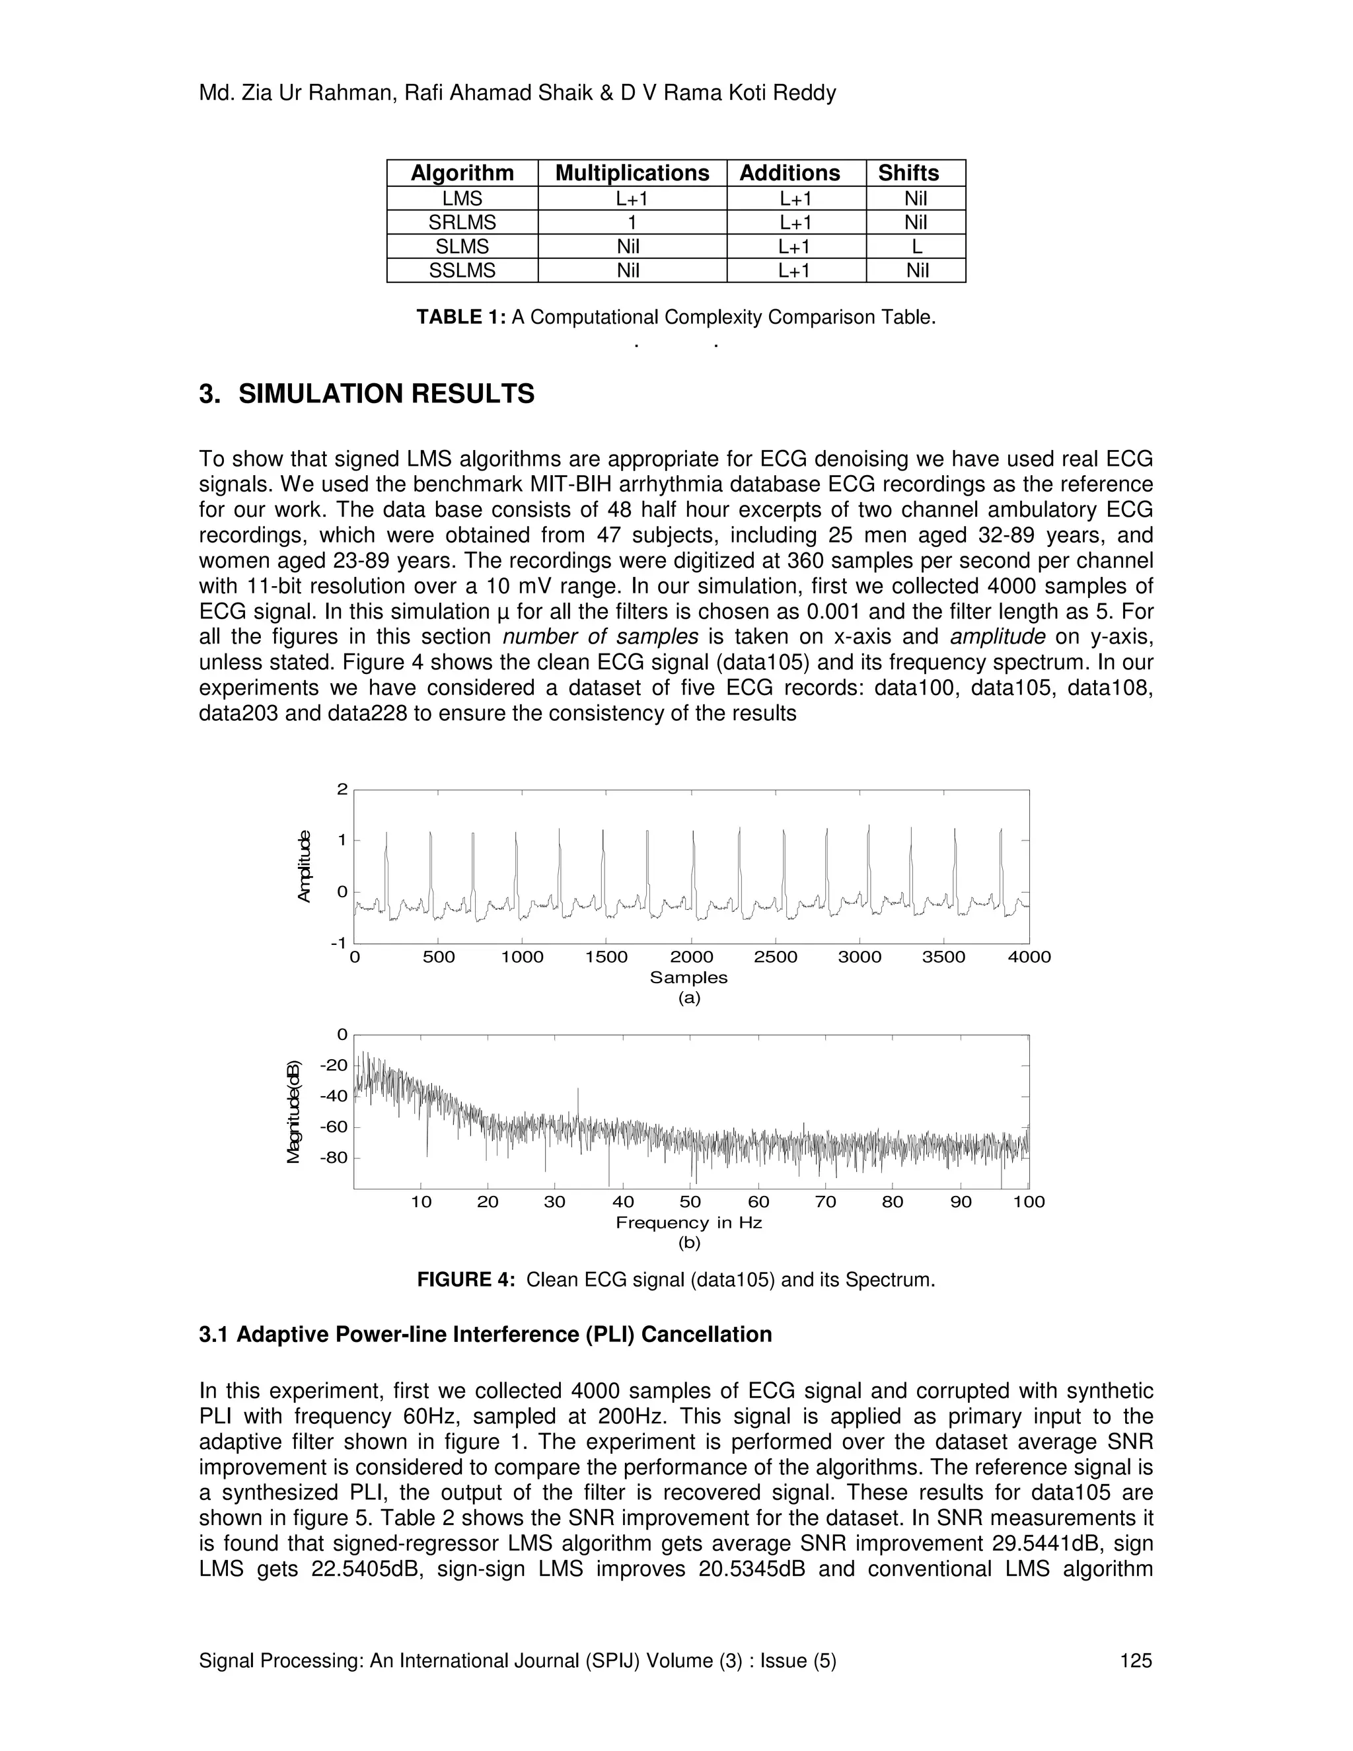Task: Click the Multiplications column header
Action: [632, 173]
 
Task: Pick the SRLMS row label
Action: [462, 222]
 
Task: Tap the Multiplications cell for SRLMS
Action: [632, 222]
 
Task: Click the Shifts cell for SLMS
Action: [916, 246]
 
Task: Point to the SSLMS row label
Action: [462, 270]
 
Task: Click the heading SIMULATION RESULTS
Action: [386, 394]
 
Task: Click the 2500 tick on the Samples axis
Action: [775, 957]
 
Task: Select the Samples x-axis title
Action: [688, 977]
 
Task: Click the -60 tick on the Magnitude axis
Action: [334, 1127]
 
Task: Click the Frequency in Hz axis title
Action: [688, 1222]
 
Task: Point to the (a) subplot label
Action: [688, 998]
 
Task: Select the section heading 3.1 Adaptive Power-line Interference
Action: [485, 1334]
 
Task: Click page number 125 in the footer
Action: [1136, 1660]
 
